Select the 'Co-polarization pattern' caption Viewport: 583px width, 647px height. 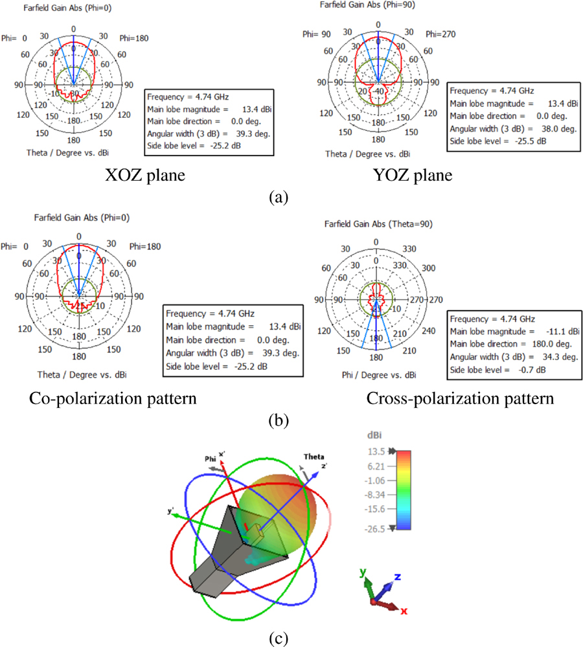tap(113, 398)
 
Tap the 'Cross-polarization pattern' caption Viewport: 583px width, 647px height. tap(460, 399)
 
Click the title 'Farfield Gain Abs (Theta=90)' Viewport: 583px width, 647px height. tap(378, 224)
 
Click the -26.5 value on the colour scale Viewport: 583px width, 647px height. tap(376, 529)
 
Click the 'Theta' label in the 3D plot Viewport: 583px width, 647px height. tap(314, 457)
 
